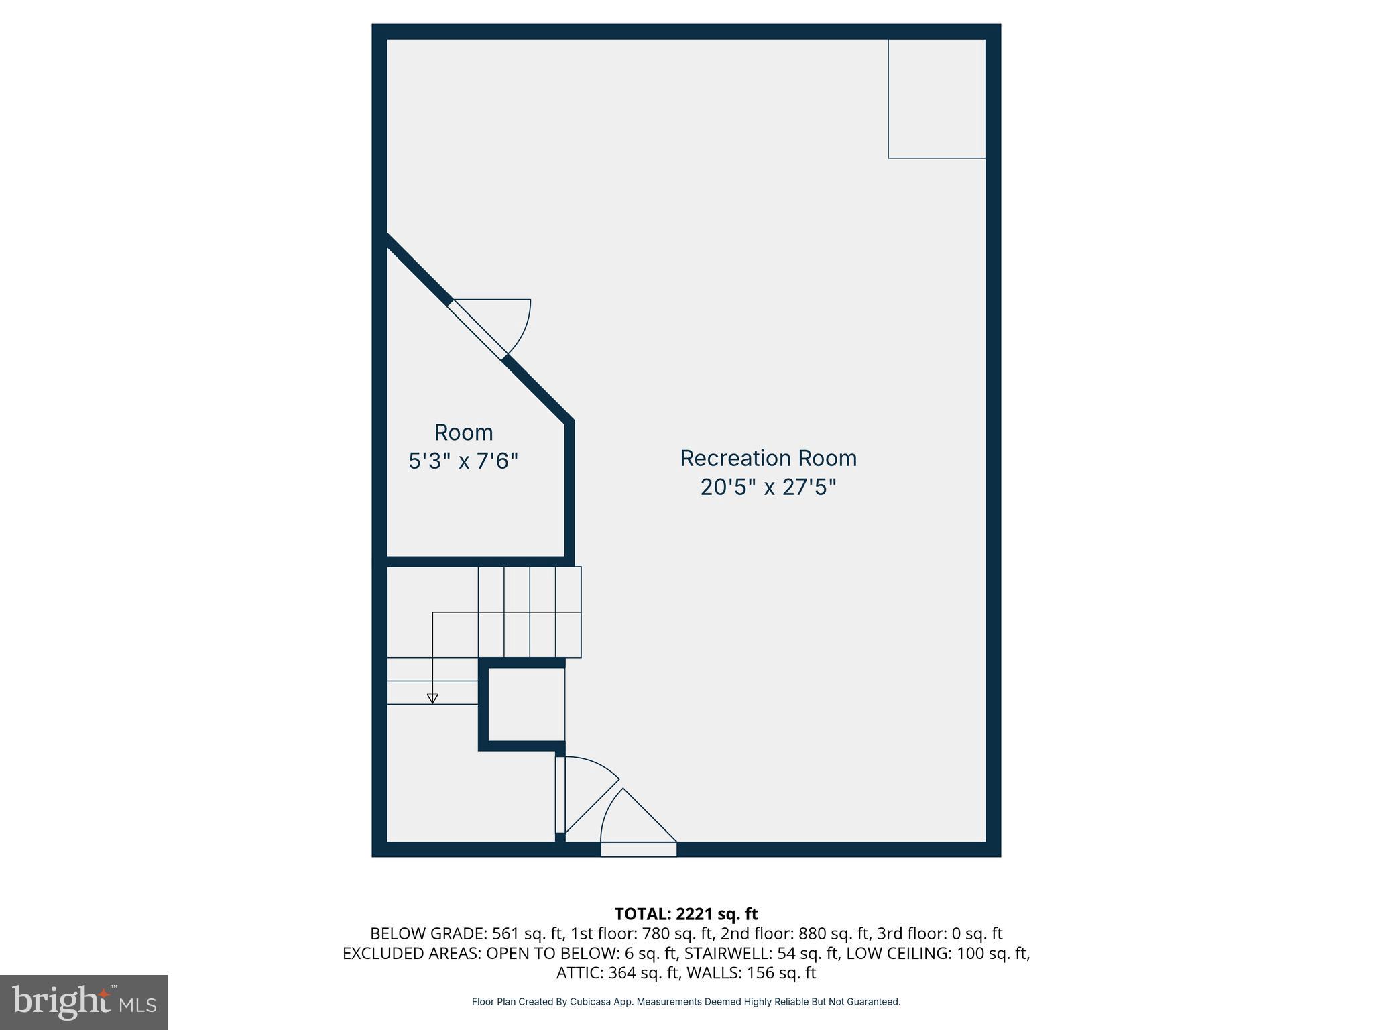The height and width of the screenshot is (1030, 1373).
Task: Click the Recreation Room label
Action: [x=768, y=459]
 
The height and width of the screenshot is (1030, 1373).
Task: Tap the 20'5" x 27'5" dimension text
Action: [x=768, y=488]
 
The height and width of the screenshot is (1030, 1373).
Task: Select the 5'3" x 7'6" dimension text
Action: [x=463, y=461]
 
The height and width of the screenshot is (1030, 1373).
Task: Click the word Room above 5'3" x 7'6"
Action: [x=463, y=433]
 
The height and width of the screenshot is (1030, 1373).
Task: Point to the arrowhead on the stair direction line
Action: [x=432, y=699]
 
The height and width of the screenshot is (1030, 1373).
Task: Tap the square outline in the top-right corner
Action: [x=937, y=99]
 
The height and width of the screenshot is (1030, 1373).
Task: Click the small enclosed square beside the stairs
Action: [x=526, y=705]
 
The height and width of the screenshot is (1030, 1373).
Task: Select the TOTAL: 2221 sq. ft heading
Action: [x=686, y=914]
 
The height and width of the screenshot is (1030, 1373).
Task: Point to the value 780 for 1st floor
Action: [x=655, y=933]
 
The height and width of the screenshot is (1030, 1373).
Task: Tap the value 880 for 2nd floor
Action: [x=813, y=933]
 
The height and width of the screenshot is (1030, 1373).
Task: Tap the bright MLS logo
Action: [x=84, y=1002]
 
